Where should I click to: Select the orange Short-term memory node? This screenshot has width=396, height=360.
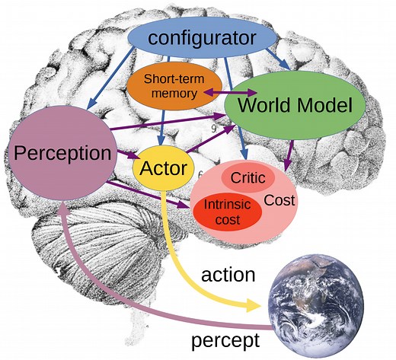pos(166,86)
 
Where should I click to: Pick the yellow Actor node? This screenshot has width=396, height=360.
pos(164,168)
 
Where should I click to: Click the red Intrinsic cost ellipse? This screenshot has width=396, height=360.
pos(222,212)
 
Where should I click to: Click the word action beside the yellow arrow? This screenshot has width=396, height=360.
pos(227,274)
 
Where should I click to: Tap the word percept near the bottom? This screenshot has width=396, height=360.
pos(226,337)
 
